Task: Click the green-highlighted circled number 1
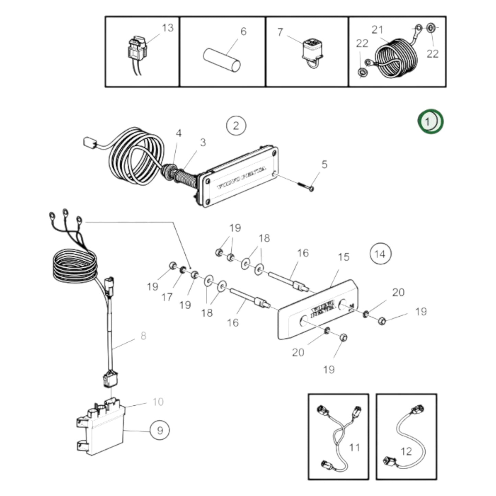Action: click(430, 122)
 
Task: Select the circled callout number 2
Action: click(236, 126)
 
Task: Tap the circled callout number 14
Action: click(380, 254)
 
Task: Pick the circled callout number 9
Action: click(160, 430)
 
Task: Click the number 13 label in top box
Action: click(168, 28)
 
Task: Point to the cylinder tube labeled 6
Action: click(222, 60)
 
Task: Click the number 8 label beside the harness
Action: click(143, 335)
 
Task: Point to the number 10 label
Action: click(158, 402)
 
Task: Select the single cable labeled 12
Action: click(405, 436)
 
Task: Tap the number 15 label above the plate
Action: click(344, 257)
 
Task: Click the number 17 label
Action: click(167, 297)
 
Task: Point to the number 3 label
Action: click(203, 142)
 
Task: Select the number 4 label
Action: click(178, 133)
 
